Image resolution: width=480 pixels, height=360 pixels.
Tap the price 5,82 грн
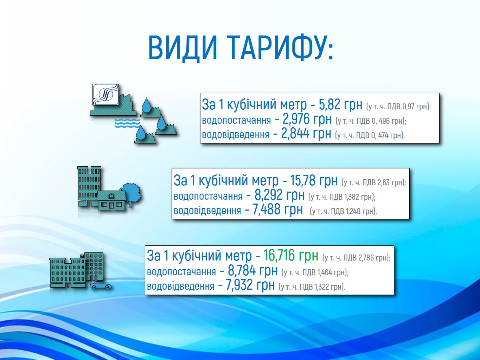[x=340, y=104]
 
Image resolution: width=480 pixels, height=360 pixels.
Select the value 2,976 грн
[x=307, y=119]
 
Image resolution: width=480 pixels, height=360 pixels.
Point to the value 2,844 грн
[x=306, y=134]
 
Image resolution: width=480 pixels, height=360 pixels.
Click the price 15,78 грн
[x=314, y=181]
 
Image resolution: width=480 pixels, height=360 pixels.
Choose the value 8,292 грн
[x=280, y=195]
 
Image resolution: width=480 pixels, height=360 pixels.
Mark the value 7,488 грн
[x=277, y=210]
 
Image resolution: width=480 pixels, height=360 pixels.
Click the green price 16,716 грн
[x=291, y=255]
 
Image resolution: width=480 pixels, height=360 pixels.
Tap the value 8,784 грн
[x=252, y=270]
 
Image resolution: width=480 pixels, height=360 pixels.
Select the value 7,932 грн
[x=250, y=285]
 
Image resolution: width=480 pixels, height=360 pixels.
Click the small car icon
[x=100, y=285]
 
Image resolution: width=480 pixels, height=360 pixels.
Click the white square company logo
[x=105, y=95]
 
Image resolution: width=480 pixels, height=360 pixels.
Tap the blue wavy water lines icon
[x=127, y=123]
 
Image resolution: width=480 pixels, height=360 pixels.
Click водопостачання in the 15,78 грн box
[x=208, y=196]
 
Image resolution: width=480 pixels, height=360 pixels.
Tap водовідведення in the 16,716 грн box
[x=181, y=286]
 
